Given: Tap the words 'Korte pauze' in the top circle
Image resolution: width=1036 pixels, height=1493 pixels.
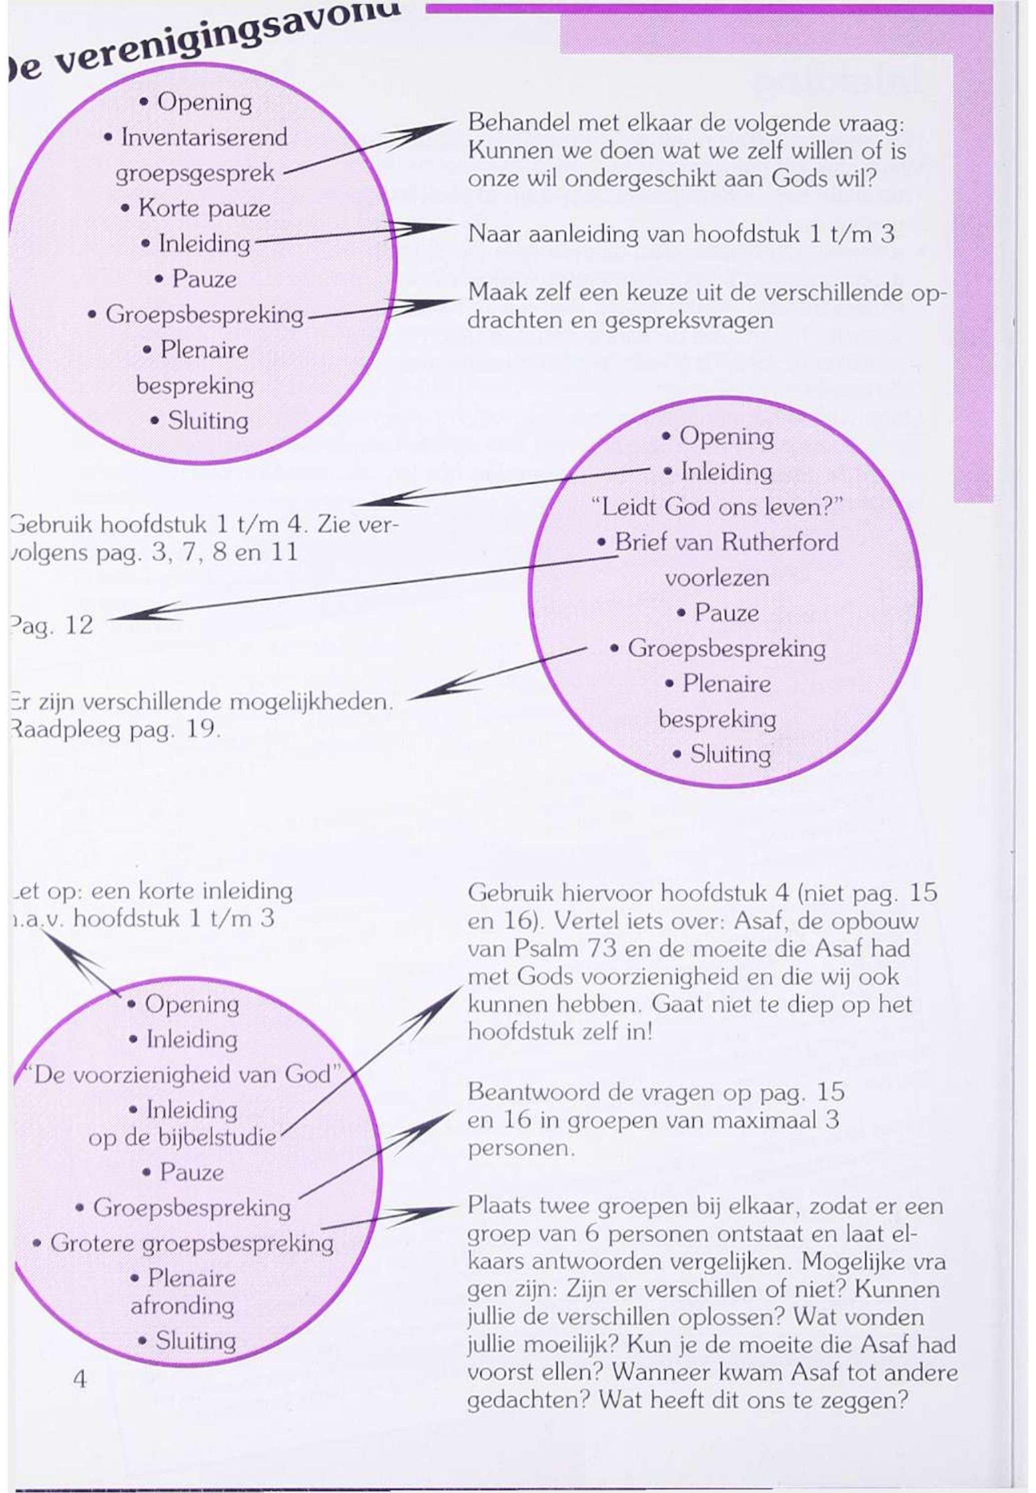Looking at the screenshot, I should (204, 208).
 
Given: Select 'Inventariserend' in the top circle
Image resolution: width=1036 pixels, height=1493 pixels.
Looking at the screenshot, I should (204, 138).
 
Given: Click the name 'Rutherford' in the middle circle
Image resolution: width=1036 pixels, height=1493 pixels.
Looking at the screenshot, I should (779, 542).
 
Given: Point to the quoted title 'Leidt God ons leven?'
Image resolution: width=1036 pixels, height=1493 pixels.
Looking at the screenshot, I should (717, 506).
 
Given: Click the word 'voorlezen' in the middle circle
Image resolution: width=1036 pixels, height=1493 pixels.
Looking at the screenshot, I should (716, 578).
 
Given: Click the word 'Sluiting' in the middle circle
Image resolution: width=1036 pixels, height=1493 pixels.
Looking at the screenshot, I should (731, 754).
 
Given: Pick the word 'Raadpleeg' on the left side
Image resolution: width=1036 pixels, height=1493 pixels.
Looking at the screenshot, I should (65, 731).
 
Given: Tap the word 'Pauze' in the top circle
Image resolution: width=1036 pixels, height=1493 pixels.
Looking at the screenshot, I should (204, 279).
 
